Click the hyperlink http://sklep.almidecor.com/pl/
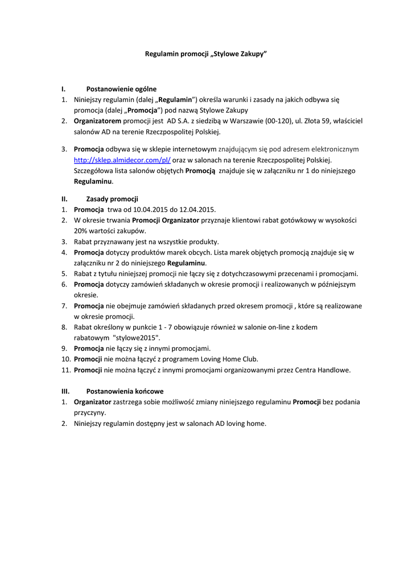pyautogui.click(x=122, y=160)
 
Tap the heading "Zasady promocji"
pyautogui.click(x=112, y=199)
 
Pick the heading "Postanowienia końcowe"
pyautogui.click(x=125, y=391)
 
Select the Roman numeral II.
pyautogui.click(x=64, y=199)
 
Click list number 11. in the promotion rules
pyautogui.click(x=66, y=370)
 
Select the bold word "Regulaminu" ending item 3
pyautogui.click(x=93, y=182)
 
